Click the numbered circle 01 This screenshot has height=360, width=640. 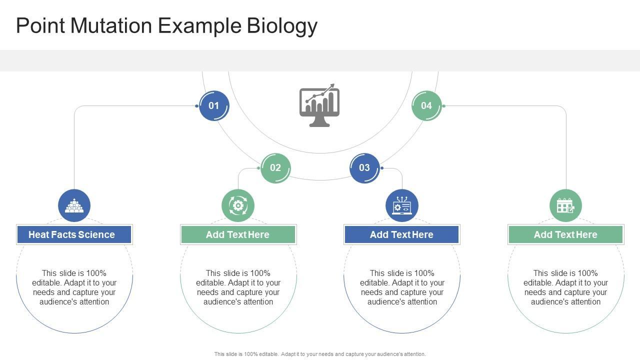(x=214, y=105)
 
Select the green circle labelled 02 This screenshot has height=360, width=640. (x=275, y=168)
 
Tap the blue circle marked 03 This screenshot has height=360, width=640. (x=364, y=168)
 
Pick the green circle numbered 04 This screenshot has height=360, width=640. (x=426, y=105)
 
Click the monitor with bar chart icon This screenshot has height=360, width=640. (x=319, y=105)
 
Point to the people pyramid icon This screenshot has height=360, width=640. (x=74, y=205)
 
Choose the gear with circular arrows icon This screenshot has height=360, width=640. (x=238, y=205)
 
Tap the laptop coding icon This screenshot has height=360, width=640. (x=402, y=205)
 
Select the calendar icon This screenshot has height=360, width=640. (x=565, y=205)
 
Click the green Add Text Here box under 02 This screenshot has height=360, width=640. (x=238, y=234)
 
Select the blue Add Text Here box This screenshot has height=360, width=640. (x=402, y=234)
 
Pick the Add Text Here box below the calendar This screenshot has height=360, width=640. (x=565, y=234)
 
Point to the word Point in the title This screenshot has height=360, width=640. (x=40, y=25)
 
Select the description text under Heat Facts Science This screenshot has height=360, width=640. (x=74, y=287)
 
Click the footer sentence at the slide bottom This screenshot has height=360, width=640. (x=320, y=354)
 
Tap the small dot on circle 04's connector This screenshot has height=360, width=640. (x=443, y=106)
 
